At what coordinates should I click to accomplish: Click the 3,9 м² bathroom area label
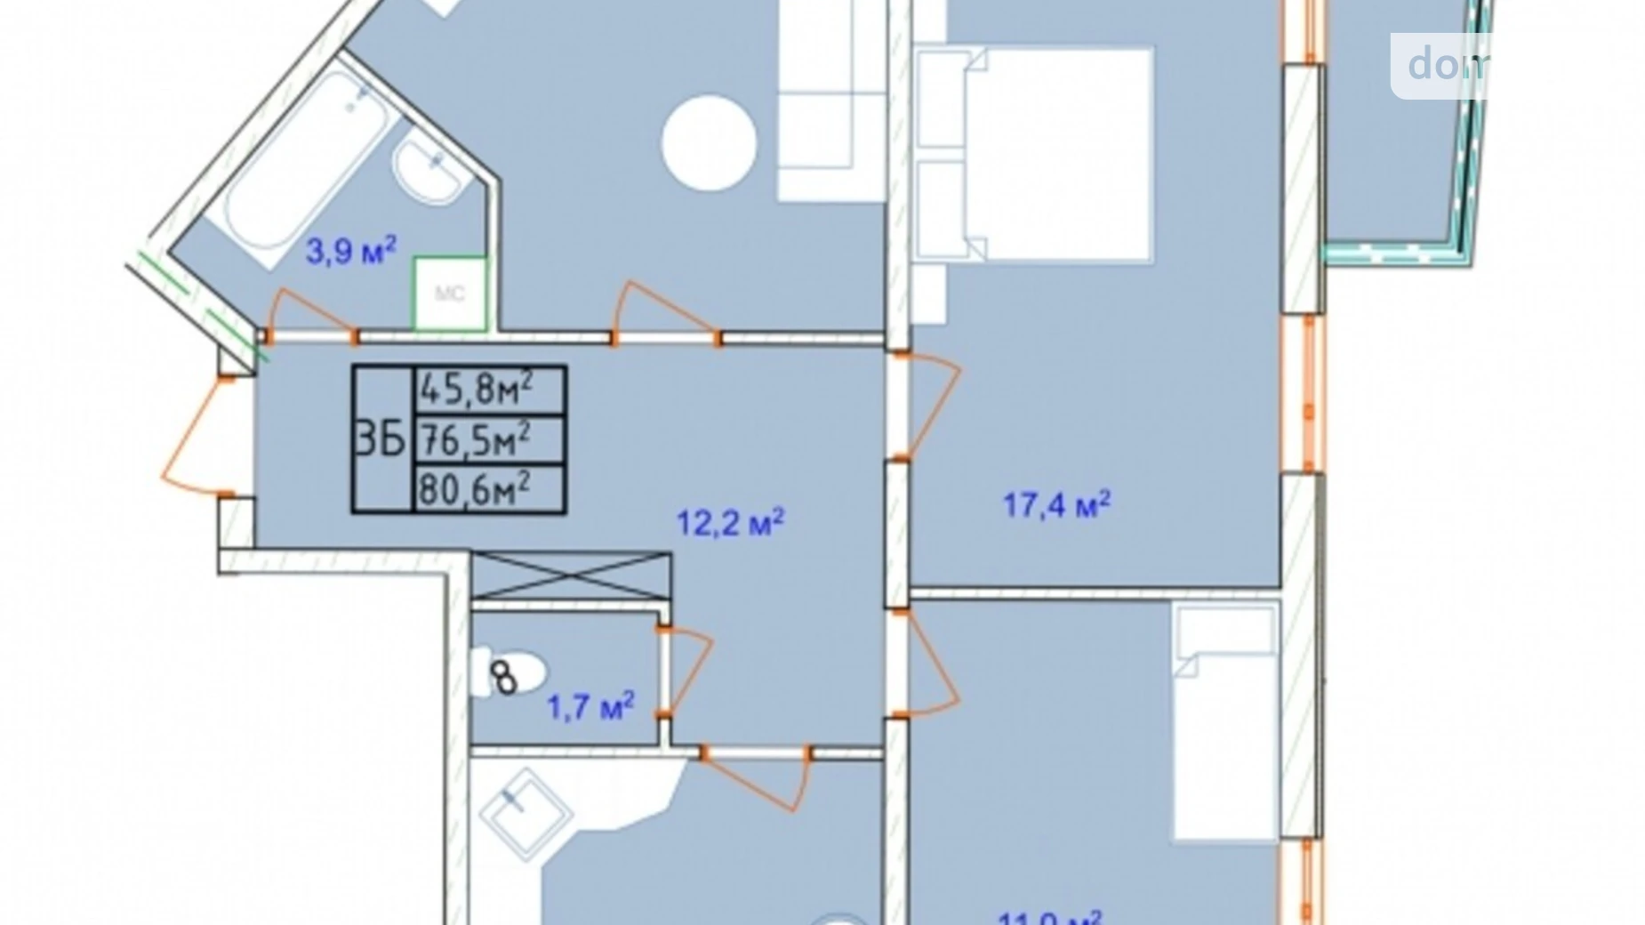coord(350,251)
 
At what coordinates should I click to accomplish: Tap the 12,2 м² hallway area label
coord(729,522)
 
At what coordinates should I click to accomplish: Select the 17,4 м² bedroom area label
coord(1056,505)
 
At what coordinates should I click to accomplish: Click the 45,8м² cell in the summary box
coord(489,389)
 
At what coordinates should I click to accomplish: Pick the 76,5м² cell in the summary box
coord(489,439)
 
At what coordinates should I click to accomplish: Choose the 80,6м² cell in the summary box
coord(489,488)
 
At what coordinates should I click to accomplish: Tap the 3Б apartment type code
coord(381,439)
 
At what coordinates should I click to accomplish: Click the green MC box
coord(449,294)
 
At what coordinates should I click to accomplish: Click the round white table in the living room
coord(709,142)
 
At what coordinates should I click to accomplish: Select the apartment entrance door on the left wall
coord(197,436)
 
